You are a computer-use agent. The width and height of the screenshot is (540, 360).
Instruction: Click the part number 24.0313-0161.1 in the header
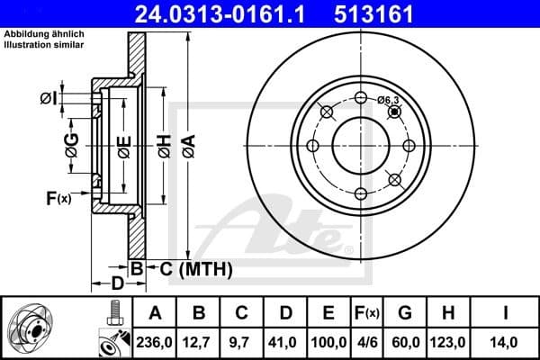pos(221,13)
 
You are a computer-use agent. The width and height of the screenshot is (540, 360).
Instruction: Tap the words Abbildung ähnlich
pos(40,33)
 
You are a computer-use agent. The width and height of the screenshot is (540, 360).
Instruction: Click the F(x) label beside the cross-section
pos(58,198)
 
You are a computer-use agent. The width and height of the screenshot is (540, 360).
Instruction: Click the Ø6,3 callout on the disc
pos(389,100)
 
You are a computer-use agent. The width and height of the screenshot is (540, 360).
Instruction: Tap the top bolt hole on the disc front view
pos(361,98)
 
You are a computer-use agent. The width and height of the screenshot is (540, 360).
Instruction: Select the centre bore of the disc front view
pos(361,146)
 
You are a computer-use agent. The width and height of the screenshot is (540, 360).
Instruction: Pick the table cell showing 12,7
pos(199,341)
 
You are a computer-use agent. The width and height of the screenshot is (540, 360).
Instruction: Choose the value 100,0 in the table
pos(328,341)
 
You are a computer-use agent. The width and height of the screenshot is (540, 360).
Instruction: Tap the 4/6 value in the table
pos(366,341)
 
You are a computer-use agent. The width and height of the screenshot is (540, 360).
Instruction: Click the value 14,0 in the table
pos(506,341)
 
